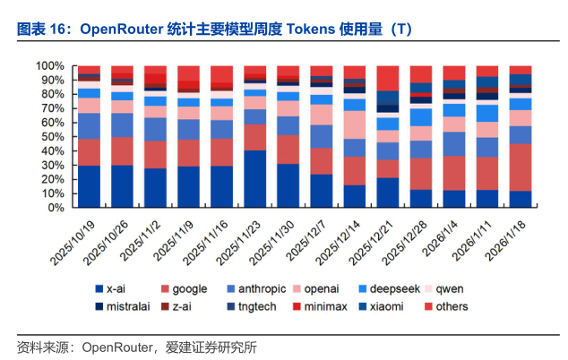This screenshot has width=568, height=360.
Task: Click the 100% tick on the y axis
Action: (x=49, y=66)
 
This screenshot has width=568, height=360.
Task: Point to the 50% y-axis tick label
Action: (x=52, y=137)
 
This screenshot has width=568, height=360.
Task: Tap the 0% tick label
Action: (x=55, y=208)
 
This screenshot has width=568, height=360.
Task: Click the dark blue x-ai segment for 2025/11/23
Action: (x=255, y=179)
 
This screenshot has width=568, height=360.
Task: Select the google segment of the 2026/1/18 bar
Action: (x=520, y=167)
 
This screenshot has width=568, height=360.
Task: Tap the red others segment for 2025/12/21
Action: (x=388, y=78)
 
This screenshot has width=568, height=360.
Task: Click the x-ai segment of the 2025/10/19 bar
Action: (x=90, y=186)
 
